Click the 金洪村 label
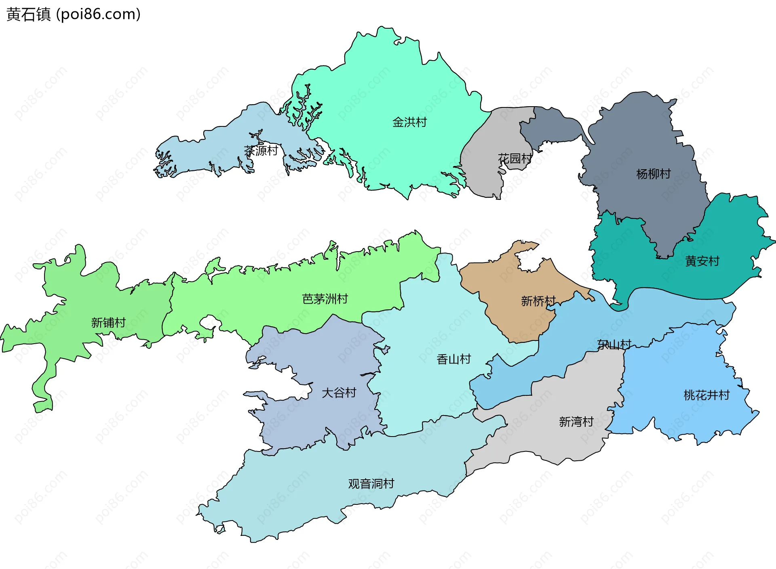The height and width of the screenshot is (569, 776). pyautogui.click(x=409, y=122)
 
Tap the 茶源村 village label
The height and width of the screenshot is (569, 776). pyautogui.click(x=261, y=151)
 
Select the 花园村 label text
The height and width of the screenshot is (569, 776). pyautogui.click(x=515, y=158)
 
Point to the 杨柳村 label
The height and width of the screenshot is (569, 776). pyautogui.click(x=653, y=174)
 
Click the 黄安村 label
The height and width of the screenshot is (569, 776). pyautogui.click(x=702, y=261)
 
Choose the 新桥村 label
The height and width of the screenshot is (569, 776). pyautogui.click(x=538, y=301)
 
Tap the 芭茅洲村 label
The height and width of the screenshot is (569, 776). pyautogui.click(x=325, y=299)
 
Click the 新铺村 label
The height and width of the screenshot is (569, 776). pyautogui.click(x=108, y=322)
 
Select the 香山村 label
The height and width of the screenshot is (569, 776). pyautogui.click(x=453, y=359)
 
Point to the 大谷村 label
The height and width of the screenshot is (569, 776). pyautogui.click(x=339, y=393)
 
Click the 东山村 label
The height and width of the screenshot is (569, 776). pyautogui.click(x=614, y=344)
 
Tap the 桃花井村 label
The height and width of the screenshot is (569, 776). pyautogui.click(x=706, y=395)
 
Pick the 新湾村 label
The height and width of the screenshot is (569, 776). pyautogui.click(x=576, y=422)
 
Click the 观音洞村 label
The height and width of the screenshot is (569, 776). pyautogui.click(x=371, y=483)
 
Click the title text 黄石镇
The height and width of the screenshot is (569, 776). pyautogui.click(x=29, y=14)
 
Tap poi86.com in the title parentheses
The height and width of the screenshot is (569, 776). pyautogui.click(x=98, y=14)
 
